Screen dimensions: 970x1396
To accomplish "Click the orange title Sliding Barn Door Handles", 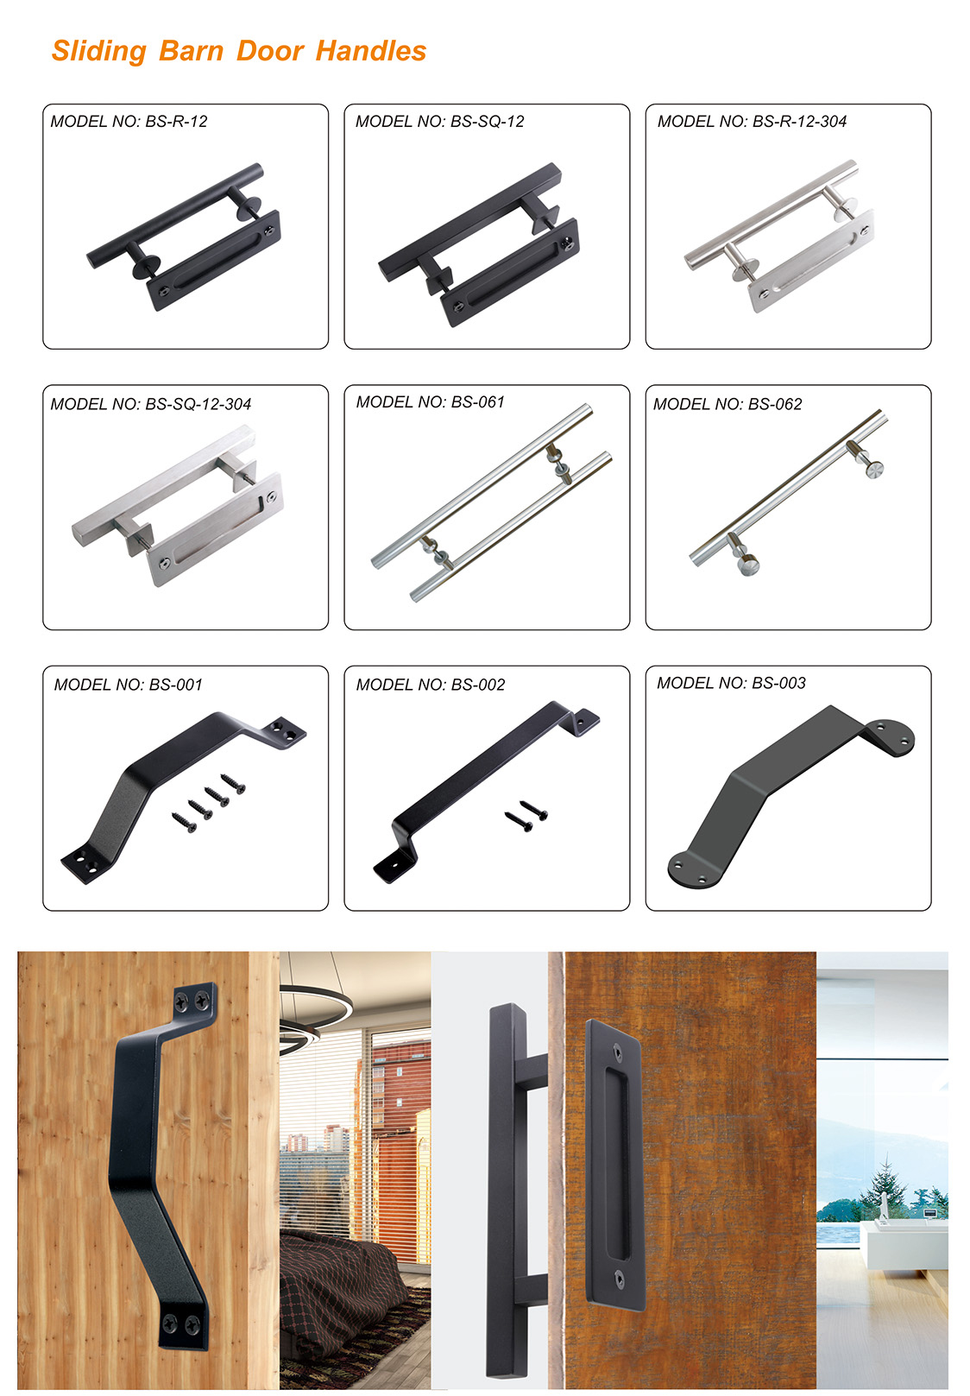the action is click(x=238, y=52).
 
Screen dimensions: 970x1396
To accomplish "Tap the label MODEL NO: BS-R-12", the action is click(x=129, y=122).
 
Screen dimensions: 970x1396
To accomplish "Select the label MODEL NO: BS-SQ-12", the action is click(x=440, y=122).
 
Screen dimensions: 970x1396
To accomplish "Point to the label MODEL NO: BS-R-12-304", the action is click(x=752, y=122).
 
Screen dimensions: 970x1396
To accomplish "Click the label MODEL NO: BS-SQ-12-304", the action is click(x=151, y=404).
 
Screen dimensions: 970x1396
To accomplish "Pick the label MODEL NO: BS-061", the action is click(x=431, y=402).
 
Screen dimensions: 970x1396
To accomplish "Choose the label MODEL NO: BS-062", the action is click(x=727, y=404).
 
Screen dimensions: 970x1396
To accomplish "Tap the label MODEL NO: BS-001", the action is click(x=129, y=685).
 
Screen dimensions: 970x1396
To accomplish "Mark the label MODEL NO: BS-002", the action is click(x=431, y=685).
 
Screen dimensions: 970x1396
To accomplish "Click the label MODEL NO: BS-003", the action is click(x=732, y=683).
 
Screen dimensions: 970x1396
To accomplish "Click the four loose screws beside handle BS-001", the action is click(x=209, y=803).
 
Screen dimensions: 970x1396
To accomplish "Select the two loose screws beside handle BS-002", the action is click(x=526, y=816).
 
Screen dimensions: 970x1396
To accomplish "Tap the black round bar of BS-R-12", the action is click(x=174, y=216).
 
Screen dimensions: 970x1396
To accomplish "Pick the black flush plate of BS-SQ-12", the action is click(x=510, y=272).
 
